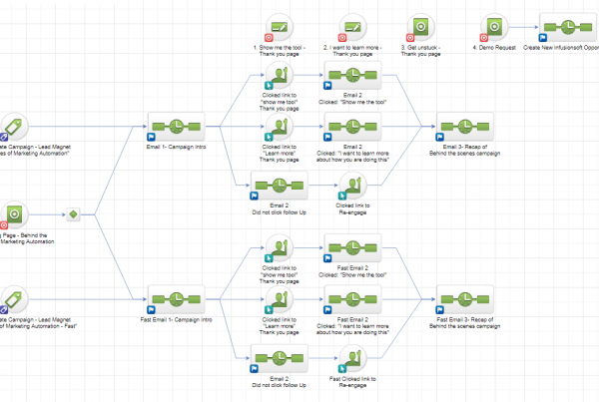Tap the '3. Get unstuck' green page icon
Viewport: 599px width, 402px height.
[421, 27]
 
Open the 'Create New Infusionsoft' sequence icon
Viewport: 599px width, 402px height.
[570, 27]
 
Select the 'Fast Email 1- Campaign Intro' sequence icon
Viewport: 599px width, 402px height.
[176, 300]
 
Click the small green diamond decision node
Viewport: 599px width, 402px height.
[72, 213]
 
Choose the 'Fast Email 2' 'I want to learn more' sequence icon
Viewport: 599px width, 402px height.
[351, 300]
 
